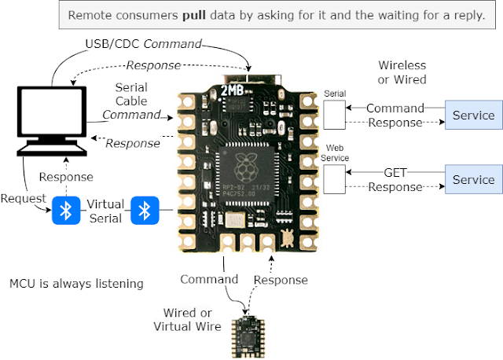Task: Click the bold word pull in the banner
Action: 194,16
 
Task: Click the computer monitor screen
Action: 52,112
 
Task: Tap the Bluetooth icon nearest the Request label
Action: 66,211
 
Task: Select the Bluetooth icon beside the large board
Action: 145,211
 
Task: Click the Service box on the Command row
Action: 473,115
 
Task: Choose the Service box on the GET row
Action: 473,179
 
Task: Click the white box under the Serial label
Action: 334,115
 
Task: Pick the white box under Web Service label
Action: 334,179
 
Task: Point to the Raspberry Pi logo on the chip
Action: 246,167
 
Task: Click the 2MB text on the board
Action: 233,90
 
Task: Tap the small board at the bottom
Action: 248,337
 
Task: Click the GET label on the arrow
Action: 395,173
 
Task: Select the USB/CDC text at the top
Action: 113,44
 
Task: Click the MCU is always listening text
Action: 76,284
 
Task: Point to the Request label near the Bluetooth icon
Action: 23,198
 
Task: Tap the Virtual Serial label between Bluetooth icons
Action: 105,211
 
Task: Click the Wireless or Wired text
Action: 402,72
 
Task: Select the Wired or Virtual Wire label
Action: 187,319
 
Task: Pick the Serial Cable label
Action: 131,94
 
